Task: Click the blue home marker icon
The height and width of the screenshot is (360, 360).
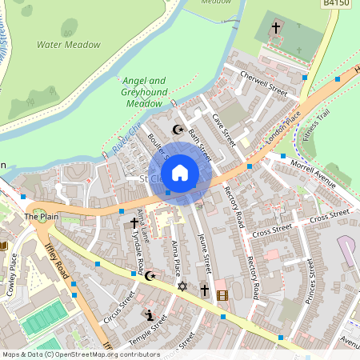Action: tap(180, 172)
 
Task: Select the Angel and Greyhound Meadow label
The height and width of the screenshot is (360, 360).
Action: tap(144, 91)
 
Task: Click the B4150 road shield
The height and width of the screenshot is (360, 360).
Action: tap(336, 4)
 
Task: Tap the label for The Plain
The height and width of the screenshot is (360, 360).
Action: tap(42, 217)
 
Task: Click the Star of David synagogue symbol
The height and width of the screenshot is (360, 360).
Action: tap(182, 286)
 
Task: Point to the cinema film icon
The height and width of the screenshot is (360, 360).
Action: tap(222, 295)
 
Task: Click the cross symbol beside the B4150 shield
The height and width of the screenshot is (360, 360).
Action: tap(276, 28)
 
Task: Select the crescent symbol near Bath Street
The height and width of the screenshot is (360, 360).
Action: tap(178, 130)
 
